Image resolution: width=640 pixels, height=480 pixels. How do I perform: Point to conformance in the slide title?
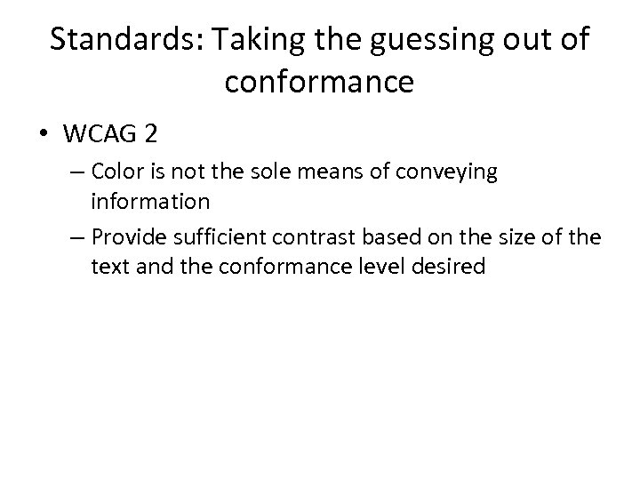click(320, 83)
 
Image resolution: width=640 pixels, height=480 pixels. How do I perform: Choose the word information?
click(150, 201)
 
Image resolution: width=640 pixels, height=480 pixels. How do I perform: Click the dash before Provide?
click(78, 239)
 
